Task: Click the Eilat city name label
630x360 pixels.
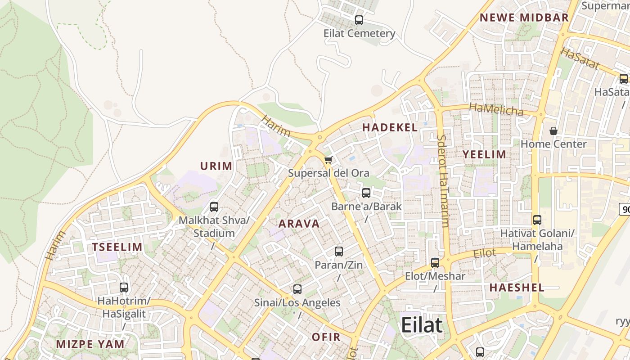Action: [422, 324]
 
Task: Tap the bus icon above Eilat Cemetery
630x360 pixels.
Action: [359, 20]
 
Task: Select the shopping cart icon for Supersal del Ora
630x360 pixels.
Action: [328, 160]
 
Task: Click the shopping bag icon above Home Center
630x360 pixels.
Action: [553, 131]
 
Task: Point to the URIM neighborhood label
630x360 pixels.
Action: [216, 166]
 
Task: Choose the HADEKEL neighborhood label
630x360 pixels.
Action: [390, 128]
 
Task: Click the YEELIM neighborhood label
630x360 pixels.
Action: [485, 155]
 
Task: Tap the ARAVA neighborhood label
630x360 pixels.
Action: [299, 224]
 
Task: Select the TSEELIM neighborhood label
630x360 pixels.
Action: [117, 247]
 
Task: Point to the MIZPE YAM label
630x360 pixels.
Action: [90, 345]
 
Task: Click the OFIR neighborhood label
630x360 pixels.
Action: [326, 337]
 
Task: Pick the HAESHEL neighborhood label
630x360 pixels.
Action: [517, 288]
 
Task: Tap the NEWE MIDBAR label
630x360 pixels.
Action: [524, 18]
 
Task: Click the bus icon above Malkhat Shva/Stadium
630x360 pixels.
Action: [214, 207]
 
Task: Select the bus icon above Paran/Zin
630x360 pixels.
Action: [339, 252]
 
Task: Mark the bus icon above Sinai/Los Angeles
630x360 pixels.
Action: [297, 289]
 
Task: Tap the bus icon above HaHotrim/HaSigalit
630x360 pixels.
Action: [124, 287]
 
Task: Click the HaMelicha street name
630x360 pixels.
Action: [496, 109]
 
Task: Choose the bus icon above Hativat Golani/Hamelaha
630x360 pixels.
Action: [537, 220]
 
